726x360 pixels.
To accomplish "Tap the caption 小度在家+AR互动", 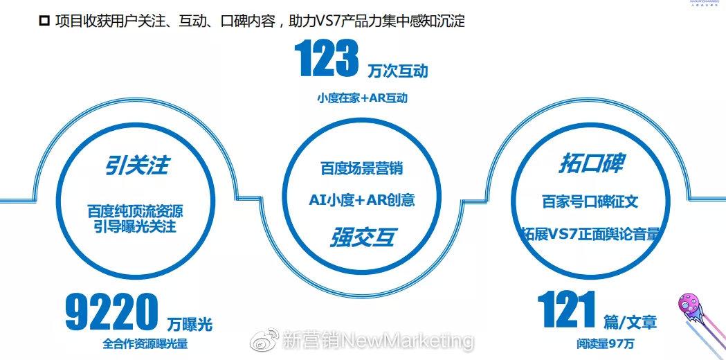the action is click(362, 98).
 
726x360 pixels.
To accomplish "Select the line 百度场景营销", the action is click(361, 168).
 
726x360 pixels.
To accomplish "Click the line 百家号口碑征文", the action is click(590, 201).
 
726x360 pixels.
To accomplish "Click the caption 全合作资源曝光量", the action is click(145, 343).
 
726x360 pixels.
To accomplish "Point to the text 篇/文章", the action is click(629, 322).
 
